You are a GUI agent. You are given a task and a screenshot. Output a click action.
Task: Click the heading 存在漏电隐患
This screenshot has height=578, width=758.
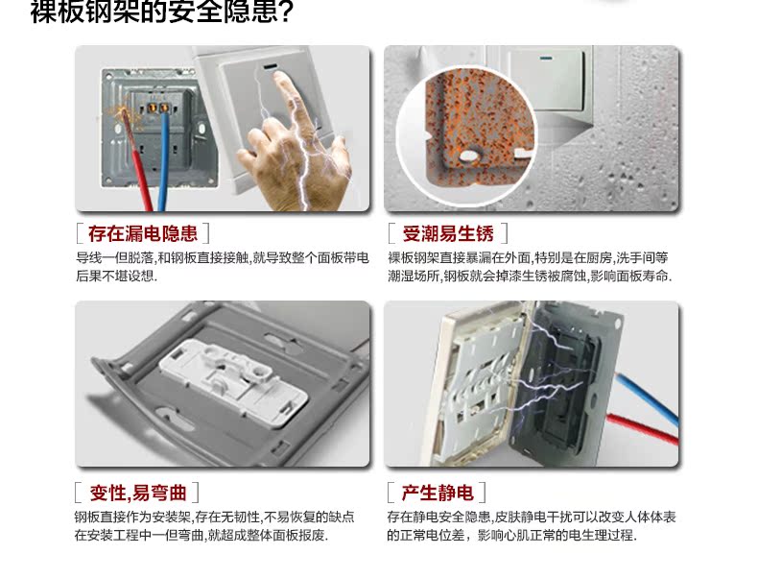tap(143, 233)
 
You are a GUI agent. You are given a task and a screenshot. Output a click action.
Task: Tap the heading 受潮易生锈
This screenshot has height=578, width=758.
tap(448, 233)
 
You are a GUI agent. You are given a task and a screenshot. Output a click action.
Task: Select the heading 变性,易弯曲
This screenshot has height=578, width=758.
tap(138, 493)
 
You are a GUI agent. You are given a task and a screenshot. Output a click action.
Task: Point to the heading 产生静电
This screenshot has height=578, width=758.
tap(437, 493)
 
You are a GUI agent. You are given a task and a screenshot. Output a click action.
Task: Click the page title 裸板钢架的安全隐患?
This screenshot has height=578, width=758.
tap(162, 12)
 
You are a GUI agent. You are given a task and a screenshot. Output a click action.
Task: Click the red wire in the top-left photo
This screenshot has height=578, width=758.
tap(137, 159)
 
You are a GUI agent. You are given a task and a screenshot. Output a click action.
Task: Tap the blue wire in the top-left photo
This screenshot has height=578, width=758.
tap(164, 159)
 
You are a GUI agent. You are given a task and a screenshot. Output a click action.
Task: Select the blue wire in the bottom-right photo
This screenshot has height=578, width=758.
tap(648, 399)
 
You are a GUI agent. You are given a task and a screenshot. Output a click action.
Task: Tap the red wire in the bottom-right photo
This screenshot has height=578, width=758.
tap(643, 429)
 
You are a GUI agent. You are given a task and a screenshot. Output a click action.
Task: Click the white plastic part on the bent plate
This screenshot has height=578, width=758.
tap(234, 382)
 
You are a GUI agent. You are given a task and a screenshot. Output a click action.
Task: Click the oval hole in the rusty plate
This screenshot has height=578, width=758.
tap(468, 156)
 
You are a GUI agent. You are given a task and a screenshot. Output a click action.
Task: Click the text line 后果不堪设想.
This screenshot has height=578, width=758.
tap(116, 277)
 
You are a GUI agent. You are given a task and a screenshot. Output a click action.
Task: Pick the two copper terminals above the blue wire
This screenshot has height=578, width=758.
tap(158, 108)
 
